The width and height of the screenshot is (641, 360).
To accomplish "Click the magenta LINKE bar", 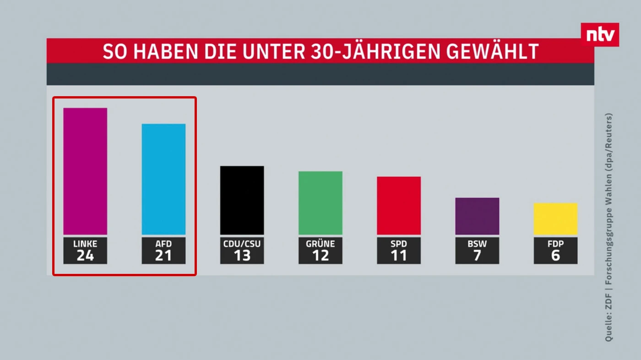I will (85, 171).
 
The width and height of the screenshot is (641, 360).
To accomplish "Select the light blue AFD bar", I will (163, 179).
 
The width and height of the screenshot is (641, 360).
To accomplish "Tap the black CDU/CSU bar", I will (242, 200).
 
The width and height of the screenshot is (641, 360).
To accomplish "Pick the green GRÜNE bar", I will (320, 203).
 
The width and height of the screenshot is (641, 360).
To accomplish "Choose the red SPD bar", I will (398, 206).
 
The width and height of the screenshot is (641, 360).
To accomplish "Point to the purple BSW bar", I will (477, 216).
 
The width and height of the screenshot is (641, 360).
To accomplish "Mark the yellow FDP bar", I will (555, 219).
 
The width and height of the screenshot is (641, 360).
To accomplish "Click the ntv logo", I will (600, 35).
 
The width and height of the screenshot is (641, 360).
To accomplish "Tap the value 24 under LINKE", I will (85, 256).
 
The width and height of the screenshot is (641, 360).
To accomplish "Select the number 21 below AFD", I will (163, 256).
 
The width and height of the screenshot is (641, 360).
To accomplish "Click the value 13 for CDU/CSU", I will (242, 256).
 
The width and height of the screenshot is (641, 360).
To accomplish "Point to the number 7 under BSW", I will (477, 256).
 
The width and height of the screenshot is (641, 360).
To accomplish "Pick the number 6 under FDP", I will (555, 256).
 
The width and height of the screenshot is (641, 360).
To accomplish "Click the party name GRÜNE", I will (320, 244).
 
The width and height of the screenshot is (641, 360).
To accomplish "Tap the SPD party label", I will (398, 244).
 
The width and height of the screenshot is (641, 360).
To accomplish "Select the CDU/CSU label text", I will (242, 244).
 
